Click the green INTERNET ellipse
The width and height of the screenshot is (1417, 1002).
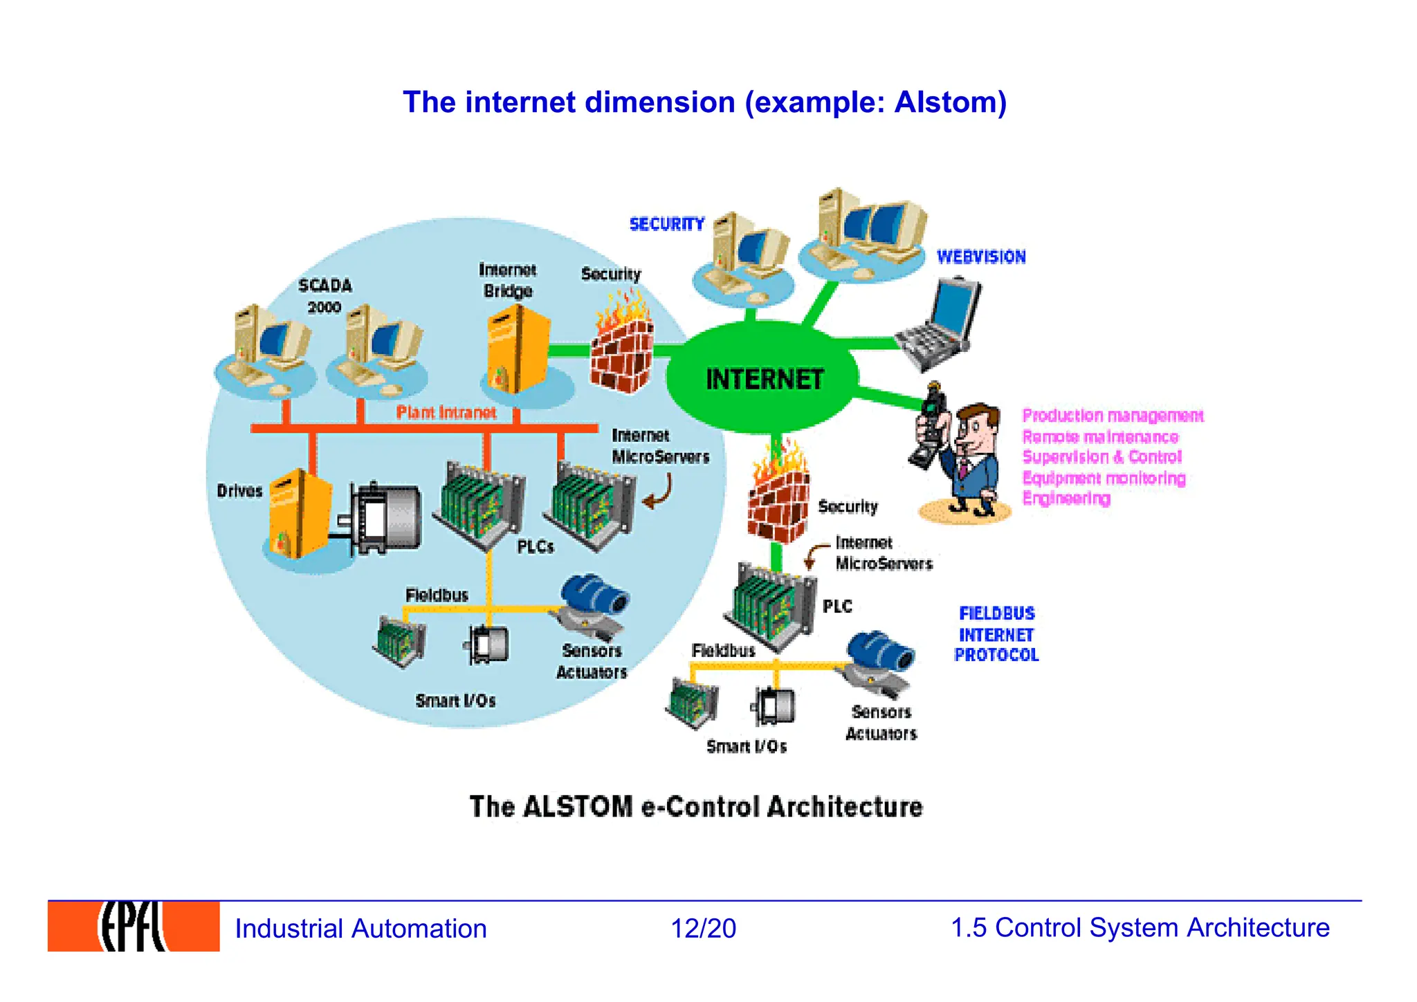(763, 379)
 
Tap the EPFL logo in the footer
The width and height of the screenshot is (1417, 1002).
(134, 927)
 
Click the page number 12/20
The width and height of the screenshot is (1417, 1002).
(703, 928)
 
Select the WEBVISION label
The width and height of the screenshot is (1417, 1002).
(980, 257)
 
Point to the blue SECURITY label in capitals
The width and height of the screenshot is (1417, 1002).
(666, 224)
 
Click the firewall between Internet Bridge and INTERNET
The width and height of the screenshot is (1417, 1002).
(622, 346)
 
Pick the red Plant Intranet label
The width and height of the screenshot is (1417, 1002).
(446, 413)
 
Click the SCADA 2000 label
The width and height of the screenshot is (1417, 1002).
(325, 295)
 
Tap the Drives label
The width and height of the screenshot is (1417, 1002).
(239, 491)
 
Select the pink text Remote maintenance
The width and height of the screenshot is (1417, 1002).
(1100, 437)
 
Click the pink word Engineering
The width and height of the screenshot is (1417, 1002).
(1066, 499)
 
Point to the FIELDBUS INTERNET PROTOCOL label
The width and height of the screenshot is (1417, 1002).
(996, 634)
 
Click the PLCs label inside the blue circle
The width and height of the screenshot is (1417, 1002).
(536, 547)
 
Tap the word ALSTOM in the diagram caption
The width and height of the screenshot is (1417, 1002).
(578, 807)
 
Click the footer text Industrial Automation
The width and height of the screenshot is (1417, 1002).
(360, 929)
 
